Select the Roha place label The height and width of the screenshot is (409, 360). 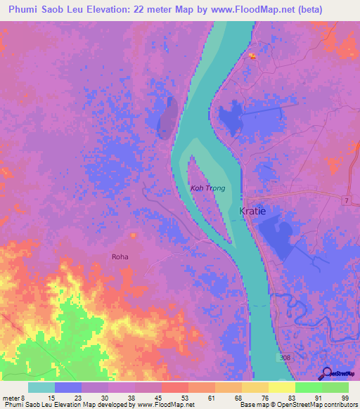tap(120, 257)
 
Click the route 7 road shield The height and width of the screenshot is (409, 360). tap(346, 202)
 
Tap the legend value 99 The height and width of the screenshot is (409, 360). tap(345, 398)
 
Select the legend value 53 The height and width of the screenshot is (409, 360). tap(186, 398)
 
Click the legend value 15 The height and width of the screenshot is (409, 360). tap(52, 398)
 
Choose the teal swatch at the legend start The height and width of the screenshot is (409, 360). tap(41, 387)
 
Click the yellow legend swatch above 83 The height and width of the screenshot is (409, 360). tap(282, 387)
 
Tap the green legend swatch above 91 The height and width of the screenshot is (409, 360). tap(309, 387)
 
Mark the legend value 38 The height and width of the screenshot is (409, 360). tap(132, 398)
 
